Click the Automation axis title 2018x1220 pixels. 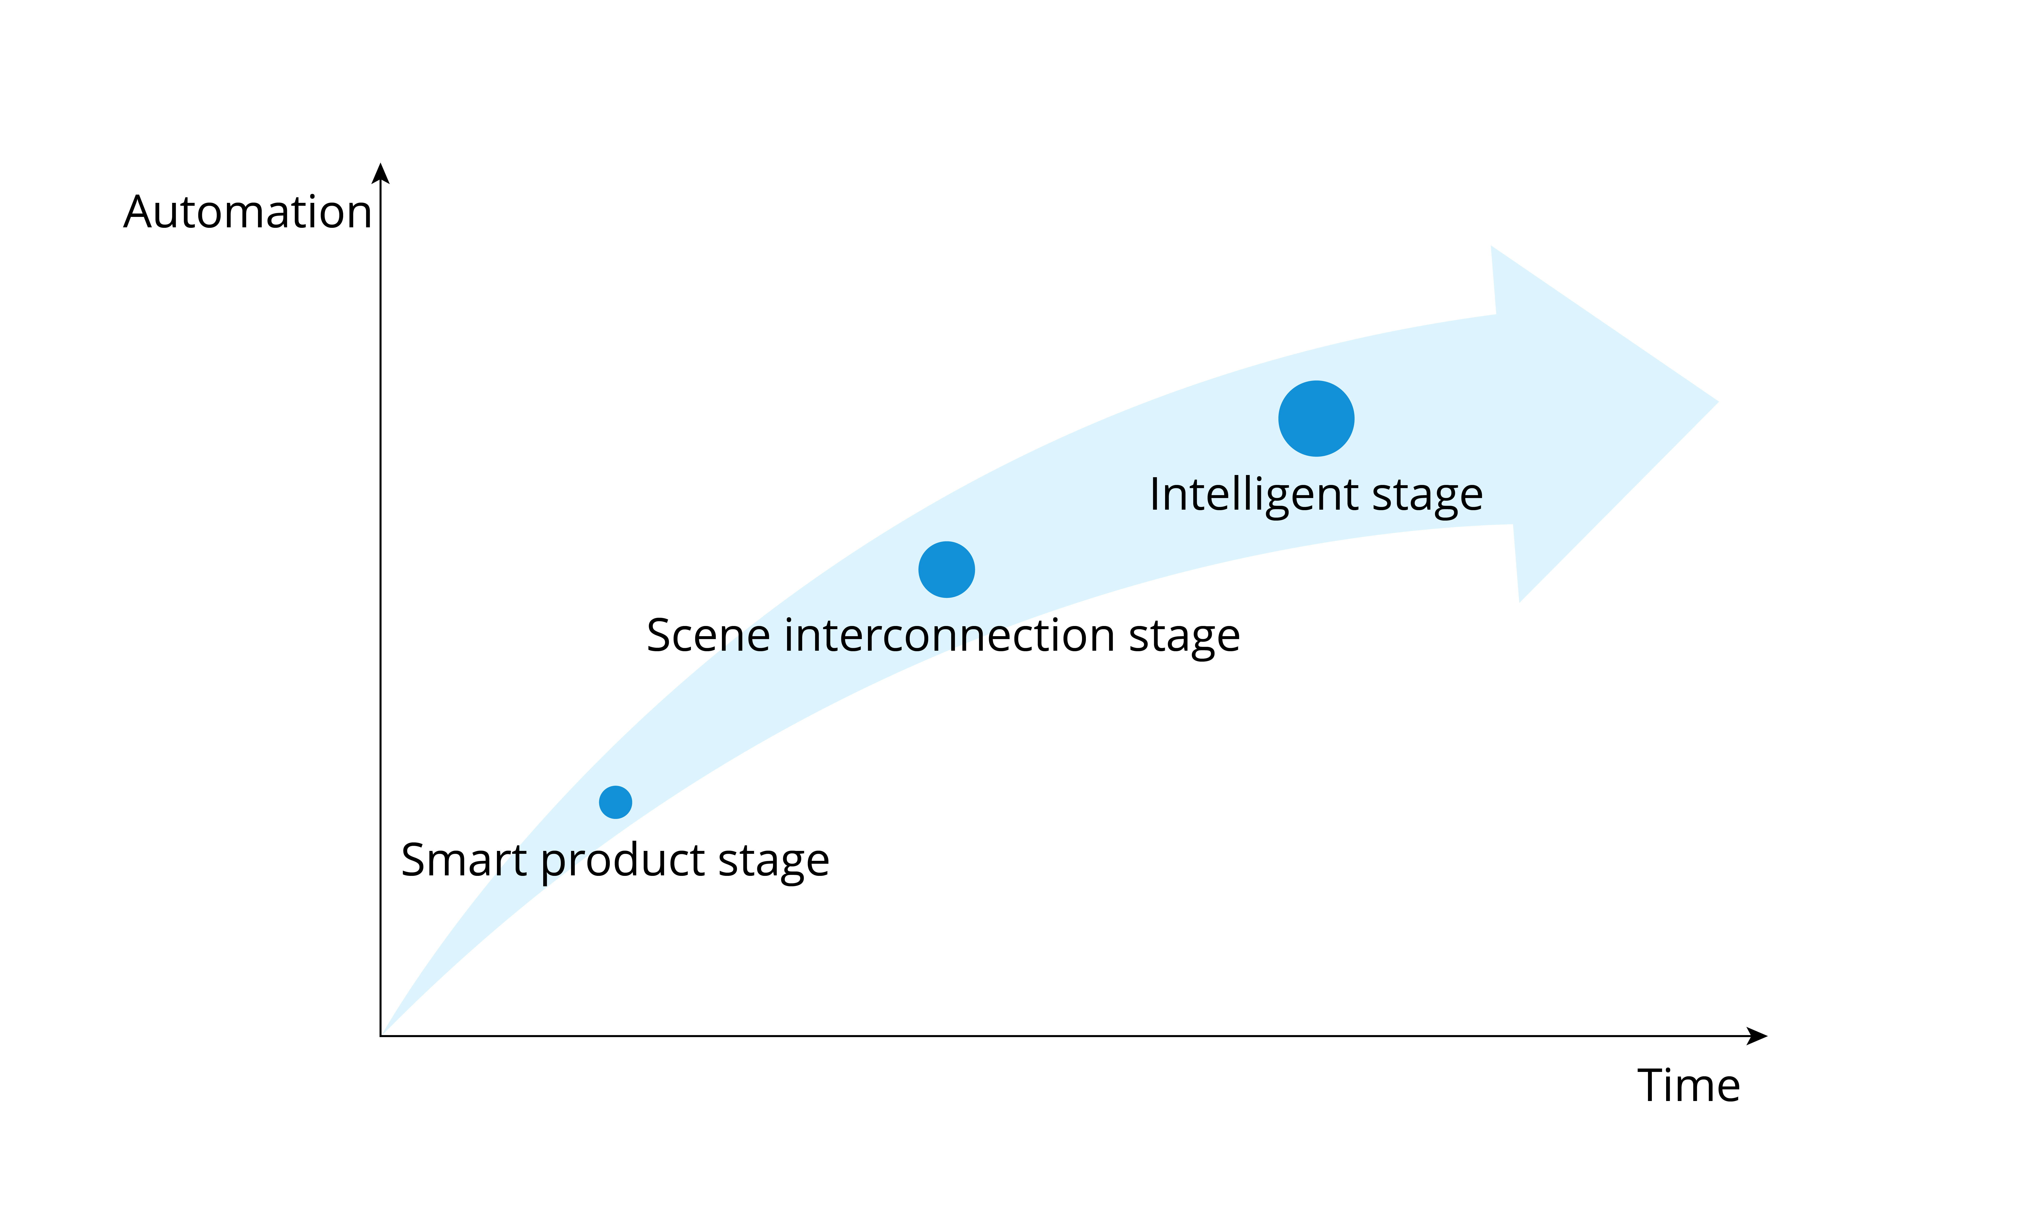247,212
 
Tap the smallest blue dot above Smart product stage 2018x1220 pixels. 615,802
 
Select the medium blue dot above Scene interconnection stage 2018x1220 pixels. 947,570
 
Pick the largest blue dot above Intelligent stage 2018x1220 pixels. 1316,419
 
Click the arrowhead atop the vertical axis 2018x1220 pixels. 380,173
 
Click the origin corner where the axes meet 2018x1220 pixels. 381,1036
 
